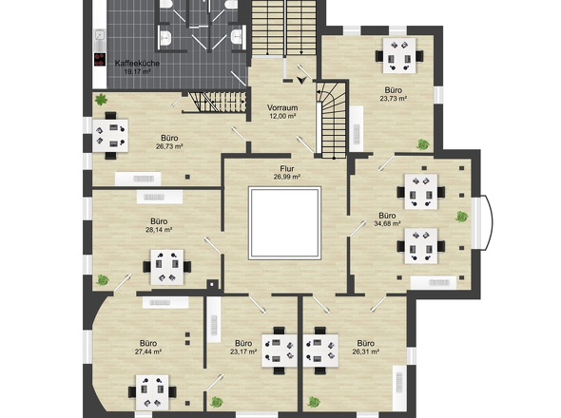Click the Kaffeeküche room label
[x=137, y=64]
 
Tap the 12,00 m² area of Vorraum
[x=282, y=116]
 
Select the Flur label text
[x=287, y=168]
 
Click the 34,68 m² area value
[x=387, y=224]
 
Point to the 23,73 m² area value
[x=394, y=99]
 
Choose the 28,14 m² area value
[x=159, y=230]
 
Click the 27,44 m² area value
[x=148, y=351]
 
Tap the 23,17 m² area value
[x=243, y=351]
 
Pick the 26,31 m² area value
[x=366, y=351]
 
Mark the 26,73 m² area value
[x=169, y=146]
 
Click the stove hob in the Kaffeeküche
[x=100, y=59]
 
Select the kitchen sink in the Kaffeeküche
[x=100, y=35]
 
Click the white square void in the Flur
[x=285, y=222]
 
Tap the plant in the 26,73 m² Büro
[x=101, y=100]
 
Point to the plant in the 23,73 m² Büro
[x=422, y=144]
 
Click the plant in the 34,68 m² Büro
[x=461, y=217]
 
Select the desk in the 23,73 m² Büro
[x=399, y=56]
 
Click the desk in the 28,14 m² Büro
[x=167, y=267]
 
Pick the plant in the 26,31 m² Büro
[x=314, y=402]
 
